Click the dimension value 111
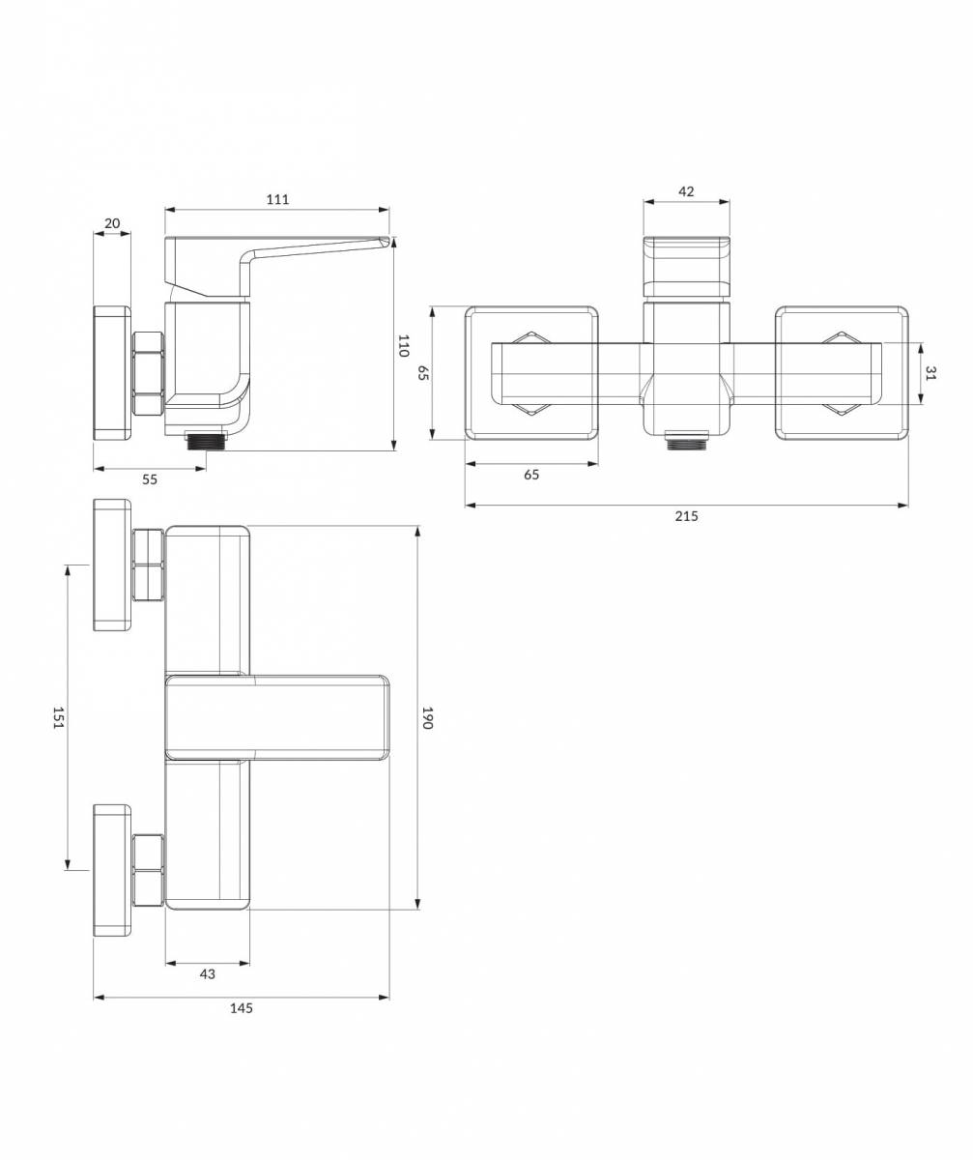[277, 199]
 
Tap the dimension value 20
[112, 223]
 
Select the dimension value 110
[404, 345]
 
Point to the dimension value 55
[150, 479]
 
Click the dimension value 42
[686, 191]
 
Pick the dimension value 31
[931, 373]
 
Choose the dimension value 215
[686, 516]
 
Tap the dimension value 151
[59, 718]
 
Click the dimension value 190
[427, 718]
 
